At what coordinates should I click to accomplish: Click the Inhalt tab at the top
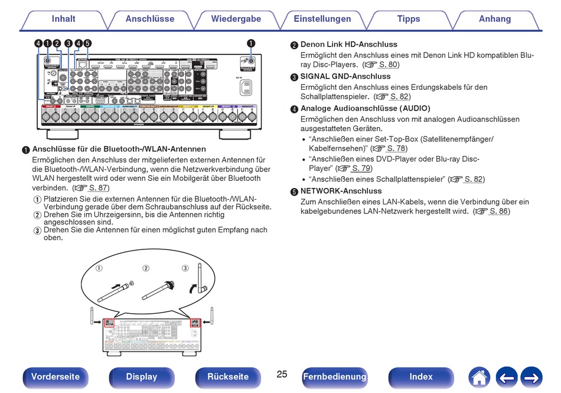pyautogui.click(x=63, y=19)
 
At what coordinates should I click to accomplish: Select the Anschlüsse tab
pyautogui.click(x=150, y=19)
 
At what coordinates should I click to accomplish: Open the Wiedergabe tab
pyautogui.click(x=236, y=19)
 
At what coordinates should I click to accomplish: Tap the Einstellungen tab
pyautogui.click(x=322, y=19)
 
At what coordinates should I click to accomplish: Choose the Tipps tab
pyautogui.click(x=409, y=19)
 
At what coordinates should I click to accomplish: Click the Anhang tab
pyautogui.click(x=495, y=19)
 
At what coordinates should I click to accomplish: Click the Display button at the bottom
pyautogui.click(x=142, y=376)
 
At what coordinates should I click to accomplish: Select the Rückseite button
pyautogui.click(x=228, y=376)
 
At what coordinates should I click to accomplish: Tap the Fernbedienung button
pyautogui.click(x=334, y=376)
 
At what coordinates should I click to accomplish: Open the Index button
pyautogui.click(x=421, y=376)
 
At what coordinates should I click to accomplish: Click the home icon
pyautogui.click(x=480, y=376)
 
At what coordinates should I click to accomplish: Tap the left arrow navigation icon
pyautogui.click(x=506, y=376)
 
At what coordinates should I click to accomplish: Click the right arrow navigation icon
pyautogui.click(x=531, y=376)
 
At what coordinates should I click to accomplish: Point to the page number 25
pyautogui.click(x=282, y=374)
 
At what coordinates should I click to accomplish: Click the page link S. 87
pyautogui.click(x=98, y=188)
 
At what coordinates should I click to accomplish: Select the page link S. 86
pyautogui.click(x=499, y=212)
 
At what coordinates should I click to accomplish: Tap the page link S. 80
pyautogui.click(x=388, y=64)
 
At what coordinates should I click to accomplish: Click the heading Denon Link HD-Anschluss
pyautogui.click(x=348, y=44)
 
